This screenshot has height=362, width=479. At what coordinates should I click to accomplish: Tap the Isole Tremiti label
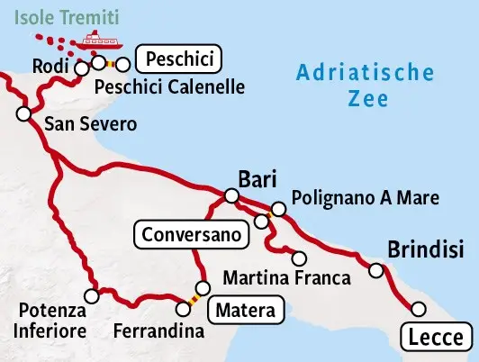pos(59,15)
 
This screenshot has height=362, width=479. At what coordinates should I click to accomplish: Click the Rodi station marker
pos(82,68)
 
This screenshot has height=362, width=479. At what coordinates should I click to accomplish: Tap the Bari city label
pos(257,176)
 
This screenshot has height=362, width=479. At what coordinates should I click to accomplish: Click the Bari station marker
pos(231,195)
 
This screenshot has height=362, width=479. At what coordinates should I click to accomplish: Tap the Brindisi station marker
pos(377,270)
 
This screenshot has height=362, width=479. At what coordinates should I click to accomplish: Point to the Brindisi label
pos(425,249)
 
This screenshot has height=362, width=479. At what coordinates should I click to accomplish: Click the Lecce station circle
pos(418,309)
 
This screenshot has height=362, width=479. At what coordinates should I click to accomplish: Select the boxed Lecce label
pos(435,339)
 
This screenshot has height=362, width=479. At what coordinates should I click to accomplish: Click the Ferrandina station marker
pos(184,309)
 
